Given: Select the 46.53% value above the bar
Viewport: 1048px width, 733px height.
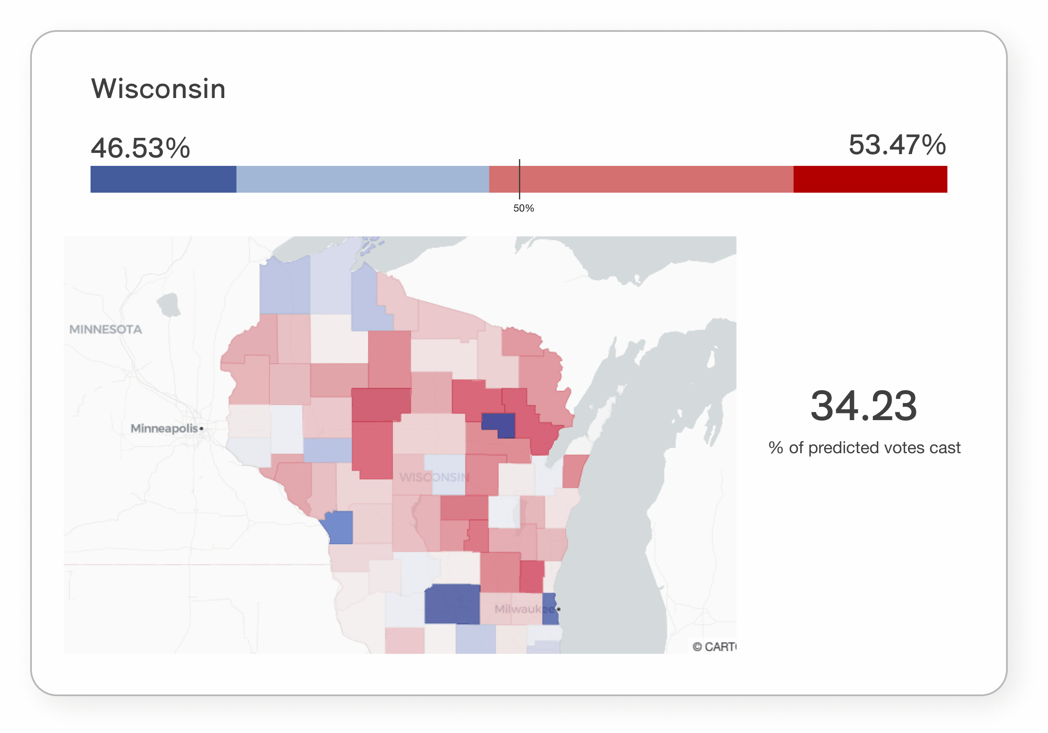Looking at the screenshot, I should [140, 148].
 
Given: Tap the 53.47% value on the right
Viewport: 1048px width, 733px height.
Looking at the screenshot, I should [897, 145].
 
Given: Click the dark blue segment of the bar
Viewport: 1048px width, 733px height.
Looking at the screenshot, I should [163, 179].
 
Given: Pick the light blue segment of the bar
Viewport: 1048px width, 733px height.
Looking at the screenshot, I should [363, 179].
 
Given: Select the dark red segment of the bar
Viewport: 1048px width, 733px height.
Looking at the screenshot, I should [869, 179].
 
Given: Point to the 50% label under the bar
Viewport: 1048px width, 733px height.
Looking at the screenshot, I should [524, 209].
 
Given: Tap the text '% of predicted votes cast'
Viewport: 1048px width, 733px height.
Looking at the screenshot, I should [864, 447].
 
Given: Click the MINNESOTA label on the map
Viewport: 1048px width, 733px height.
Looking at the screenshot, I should [106, 329].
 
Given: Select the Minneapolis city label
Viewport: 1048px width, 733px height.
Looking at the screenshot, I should [164, 428].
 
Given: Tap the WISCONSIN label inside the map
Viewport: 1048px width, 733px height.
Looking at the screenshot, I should [434, 477].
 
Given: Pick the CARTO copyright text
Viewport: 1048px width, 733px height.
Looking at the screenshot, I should [713, 647].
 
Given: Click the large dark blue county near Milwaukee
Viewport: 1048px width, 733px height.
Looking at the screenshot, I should [452, 604].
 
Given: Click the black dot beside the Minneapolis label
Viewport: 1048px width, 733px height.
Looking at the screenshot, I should [201, 428].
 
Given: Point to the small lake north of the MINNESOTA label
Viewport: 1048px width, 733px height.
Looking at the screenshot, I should [169, 304].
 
